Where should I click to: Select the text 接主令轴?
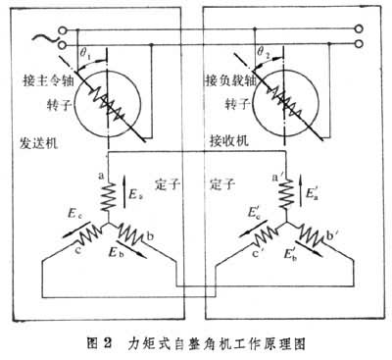58,77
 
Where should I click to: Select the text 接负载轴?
230,77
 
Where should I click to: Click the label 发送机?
40,141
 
